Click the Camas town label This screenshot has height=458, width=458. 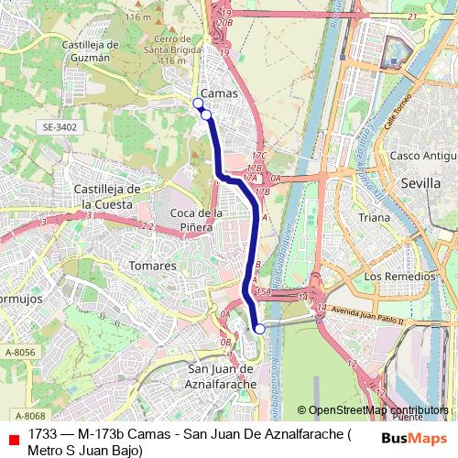pos(218,93)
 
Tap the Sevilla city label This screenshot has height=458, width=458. pos(421,183)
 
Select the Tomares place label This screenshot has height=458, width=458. pos(154,266)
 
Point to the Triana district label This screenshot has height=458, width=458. pos(374,218)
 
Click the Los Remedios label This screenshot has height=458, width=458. pos(398,276)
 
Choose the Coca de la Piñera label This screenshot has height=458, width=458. pos(197,219)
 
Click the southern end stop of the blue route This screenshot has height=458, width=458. pos(259,328)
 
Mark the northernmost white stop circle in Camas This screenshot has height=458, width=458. pos(198,104)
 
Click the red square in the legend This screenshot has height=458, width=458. pos(11,439)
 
